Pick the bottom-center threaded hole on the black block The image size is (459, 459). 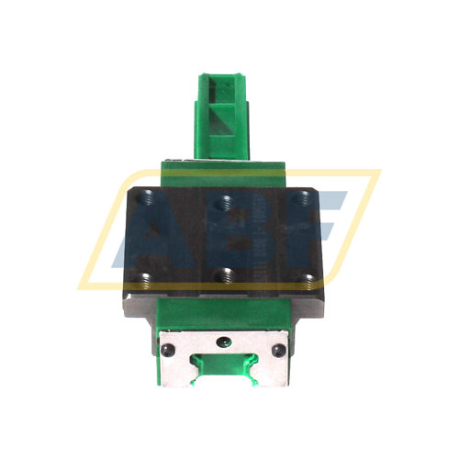[224, 274]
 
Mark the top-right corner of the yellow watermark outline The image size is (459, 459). [378, 172]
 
